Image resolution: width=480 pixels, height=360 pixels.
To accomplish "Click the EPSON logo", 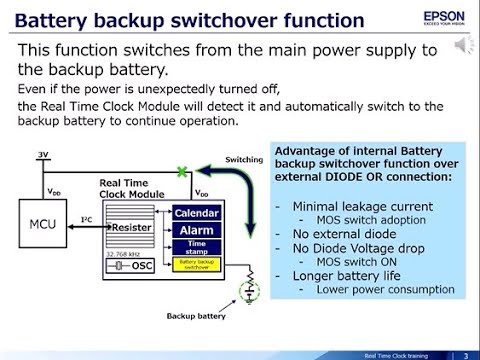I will point(444,17).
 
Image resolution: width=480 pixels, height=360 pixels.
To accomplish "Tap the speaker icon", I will point(464,46).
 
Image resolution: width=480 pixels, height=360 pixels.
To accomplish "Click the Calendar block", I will point(196,213).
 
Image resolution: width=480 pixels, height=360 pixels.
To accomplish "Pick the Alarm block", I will point(196,230).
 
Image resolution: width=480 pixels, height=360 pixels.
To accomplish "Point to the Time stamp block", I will point(196,247).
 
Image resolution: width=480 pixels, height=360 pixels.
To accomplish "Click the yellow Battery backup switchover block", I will point(196,265).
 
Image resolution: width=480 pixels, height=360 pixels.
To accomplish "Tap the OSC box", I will point(140,265).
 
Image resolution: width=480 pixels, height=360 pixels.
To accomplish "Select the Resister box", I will point(131,227).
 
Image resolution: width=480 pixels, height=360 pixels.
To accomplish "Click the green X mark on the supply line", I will point(180,172).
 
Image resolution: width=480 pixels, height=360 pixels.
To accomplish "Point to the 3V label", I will point(42,154).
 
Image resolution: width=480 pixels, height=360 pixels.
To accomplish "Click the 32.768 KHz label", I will point(123,254).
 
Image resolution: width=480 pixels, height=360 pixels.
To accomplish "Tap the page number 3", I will point(466,355).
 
